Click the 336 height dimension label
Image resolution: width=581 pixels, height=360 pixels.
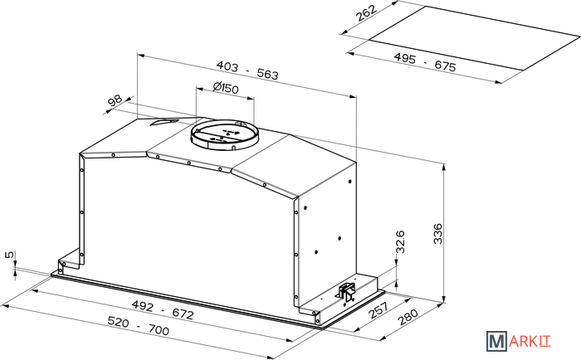click(438, 233)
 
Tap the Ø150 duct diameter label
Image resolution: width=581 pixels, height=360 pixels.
click(226, 87)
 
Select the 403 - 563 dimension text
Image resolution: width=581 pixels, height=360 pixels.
click(247, 71)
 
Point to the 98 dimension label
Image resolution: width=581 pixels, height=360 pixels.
click(115, 100)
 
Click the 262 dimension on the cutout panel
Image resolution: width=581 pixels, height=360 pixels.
click(366, 13)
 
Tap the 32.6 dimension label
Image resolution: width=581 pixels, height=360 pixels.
click(400, 241)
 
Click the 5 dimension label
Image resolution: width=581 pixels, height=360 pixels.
click(10, 255)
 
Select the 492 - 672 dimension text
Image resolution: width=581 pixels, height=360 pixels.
click(163, 310)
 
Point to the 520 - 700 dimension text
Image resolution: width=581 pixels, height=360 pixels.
click(139, 325)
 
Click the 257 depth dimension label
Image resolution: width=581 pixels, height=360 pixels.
click(378, 310)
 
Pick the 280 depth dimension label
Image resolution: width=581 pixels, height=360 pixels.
click(408, 317)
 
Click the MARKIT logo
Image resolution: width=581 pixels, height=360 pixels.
click(519, 341)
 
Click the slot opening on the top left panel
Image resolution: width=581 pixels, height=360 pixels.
click(164, 122)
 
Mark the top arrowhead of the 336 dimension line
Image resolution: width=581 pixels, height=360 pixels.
click(443, 166)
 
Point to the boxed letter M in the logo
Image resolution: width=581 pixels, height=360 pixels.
click(496, 341)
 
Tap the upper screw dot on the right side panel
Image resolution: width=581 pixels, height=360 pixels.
click(350, 182)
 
